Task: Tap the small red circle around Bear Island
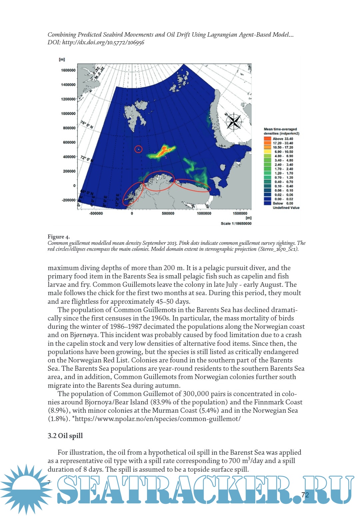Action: coord(138,149)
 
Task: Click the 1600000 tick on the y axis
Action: coord(68,70)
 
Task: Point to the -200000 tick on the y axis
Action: coord(68,200)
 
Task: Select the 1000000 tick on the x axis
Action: coord(204,214)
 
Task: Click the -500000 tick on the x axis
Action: coord(96,214)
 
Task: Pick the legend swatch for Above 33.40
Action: coord(267,139)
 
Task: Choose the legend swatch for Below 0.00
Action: coord(267,203)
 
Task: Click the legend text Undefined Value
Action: coord(286,208)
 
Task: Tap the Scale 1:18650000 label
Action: coord(236,224)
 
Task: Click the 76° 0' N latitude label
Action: coord(87,125)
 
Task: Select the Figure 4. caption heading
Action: coord(59,237)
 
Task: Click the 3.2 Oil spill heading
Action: coord(65,436)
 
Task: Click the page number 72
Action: coord(305,495)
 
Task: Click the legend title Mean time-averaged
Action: coord(280,129)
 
